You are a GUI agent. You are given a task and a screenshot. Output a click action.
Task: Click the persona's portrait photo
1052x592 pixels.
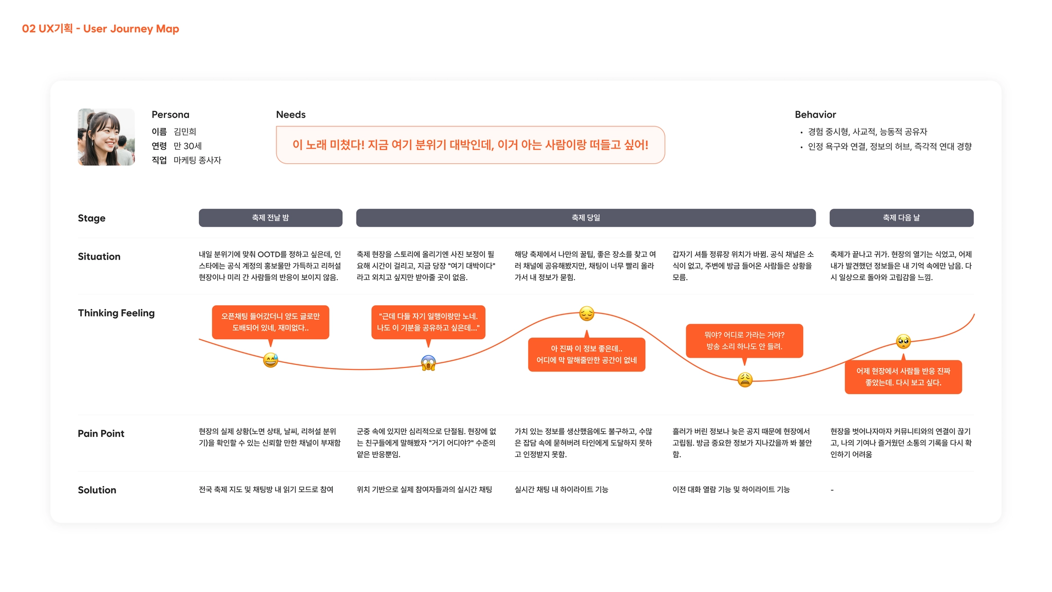click(106, 137)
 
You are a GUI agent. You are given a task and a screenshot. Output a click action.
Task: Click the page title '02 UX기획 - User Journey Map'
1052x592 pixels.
click(100, 29)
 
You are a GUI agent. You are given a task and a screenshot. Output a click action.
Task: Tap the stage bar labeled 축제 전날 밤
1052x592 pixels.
click(270, 218)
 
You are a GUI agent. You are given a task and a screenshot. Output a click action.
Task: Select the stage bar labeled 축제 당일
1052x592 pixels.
click(586, 218)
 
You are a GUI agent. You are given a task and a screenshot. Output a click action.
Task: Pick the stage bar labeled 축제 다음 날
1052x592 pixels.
click(901, 218)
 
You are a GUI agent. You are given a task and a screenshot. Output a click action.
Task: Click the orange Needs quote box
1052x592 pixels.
click(470, 145)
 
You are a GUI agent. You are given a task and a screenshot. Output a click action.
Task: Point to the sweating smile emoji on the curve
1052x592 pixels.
click(271, 360)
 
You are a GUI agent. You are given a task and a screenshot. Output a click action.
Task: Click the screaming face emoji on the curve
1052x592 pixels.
click(428, 363)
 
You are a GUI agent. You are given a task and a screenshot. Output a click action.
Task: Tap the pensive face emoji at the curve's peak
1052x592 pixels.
click(587, 313)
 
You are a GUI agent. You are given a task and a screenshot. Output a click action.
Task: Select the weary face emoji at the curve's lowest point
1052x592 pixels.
click(745, 380)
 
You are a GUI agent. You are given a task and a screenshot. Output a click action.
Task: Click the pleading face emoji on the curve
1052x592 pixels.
click(903, 341)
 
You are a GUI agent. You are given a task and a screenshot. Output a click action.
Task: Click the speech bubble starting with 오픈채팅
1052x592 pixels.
click(270, 322)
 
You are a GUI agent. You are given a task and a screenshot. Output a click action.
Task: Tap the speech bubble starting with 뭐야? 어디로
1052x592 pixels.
click(744, 340)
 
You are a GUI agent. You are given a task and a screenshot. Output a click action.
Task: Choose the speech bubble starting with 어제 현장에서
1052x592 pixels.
click(903, 377)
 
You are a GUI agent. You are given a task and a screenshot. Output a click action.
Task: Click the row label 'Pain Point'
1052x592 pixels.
click(101, 434)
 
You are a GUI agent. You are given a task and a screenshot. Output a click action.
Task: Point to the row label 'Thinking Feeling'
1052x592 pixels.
click(116, 313)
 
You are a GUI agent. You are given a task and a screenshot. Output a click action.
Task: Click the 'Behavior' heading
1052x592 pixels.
click(815, 115)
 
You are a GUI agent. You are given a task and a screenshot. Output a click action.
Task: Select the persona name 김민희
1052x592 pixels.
click(185, 132)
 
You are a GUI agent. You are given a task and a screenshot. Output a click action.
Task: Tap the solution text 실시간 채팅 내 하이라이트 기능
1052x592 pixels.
click(561, 490)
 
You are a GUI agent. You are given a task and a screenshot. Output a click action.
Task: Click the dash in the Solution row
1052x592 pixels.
click(832, 490)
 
